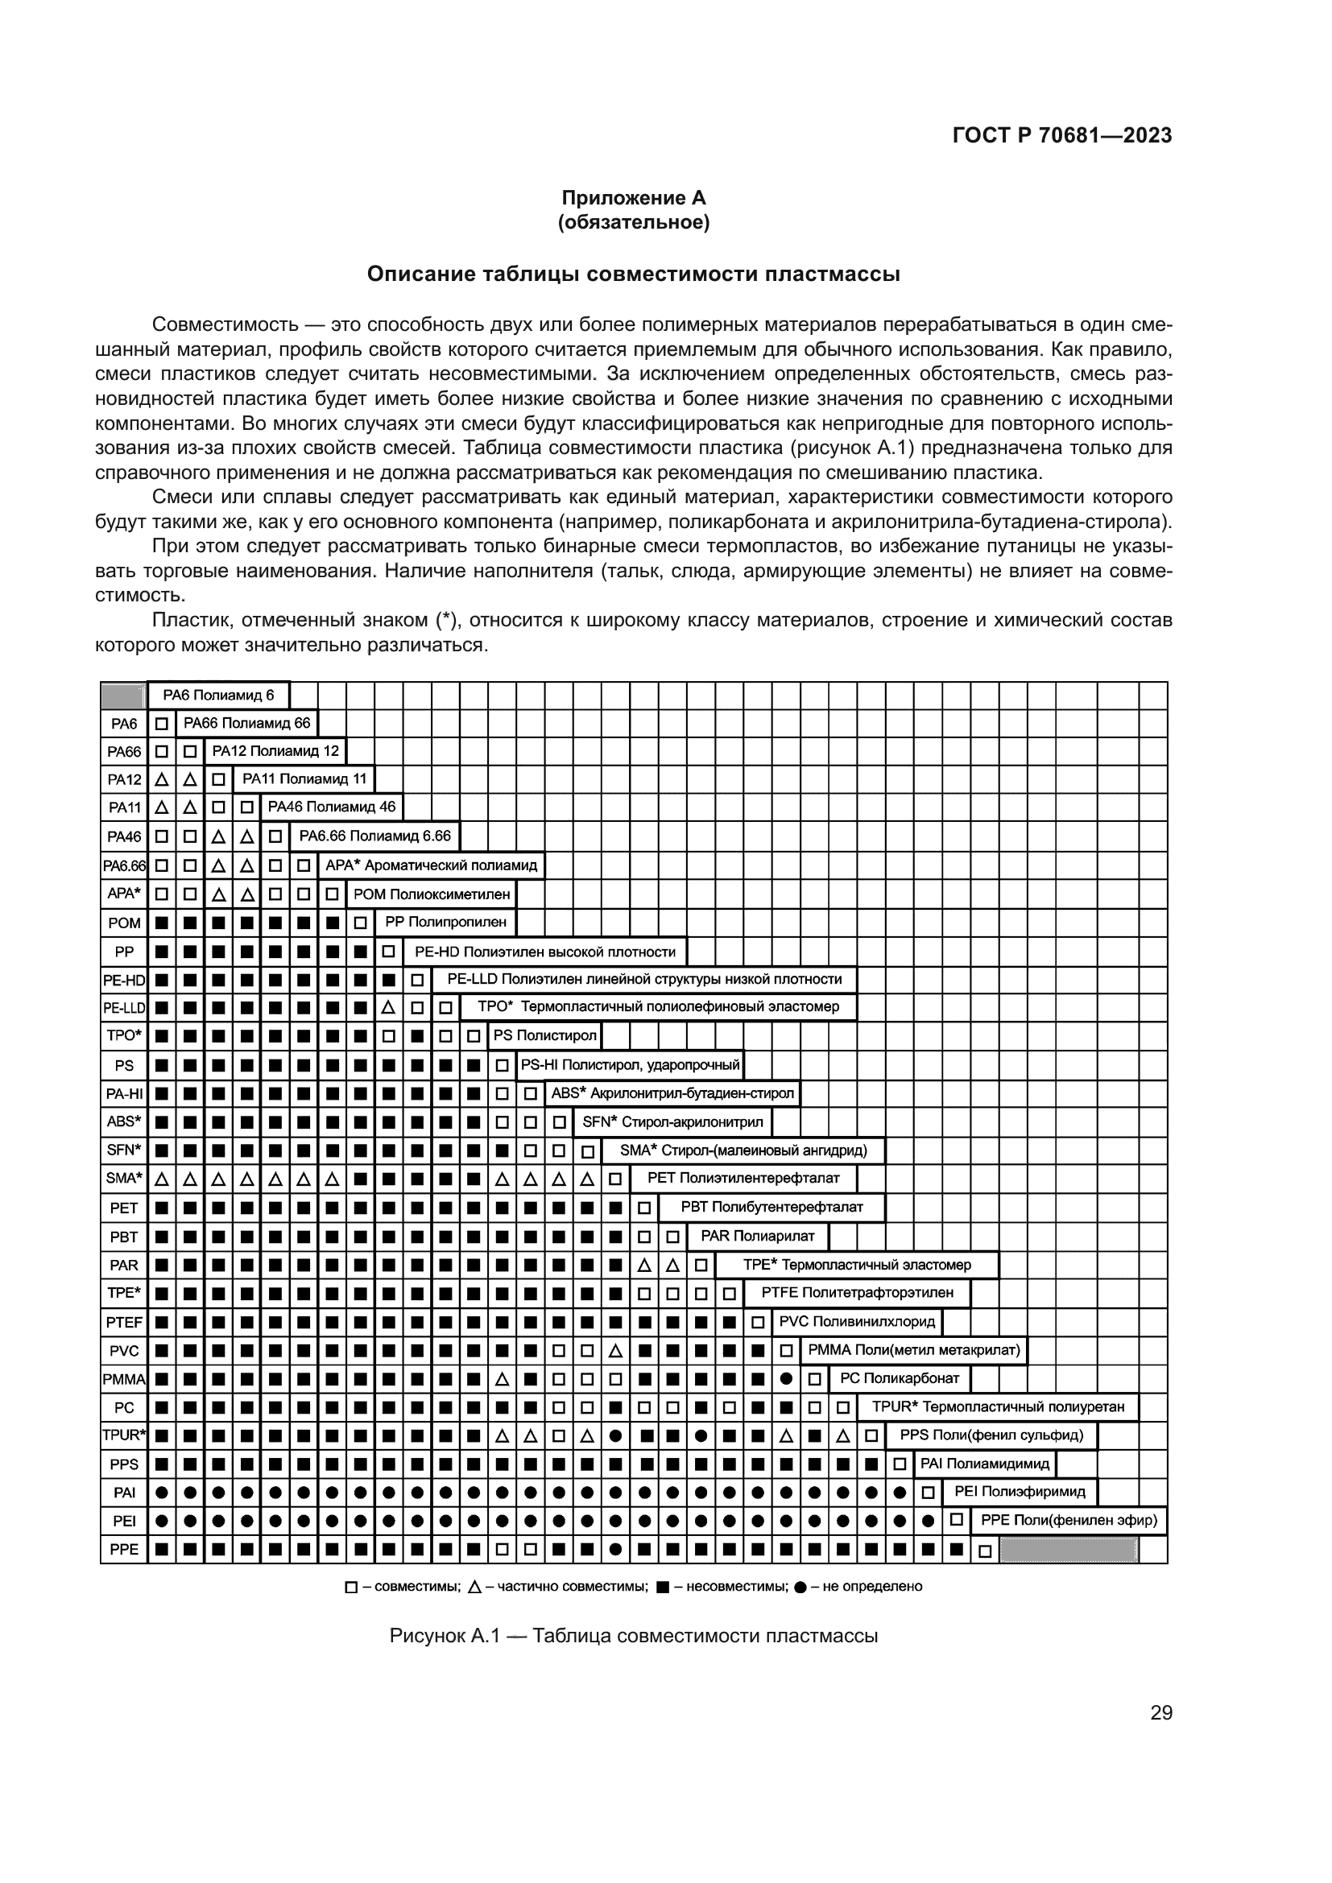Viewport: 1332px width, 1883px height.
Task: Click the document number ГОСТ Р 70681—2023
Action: [1061, 136]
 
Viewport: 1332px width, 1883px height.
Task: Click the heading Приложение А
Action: [633, 198]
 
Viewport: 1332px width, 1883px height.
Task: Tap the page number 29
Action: [1160, 1712]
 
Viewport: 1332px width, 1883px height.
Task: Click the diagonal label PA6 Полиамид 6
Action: [218, 696]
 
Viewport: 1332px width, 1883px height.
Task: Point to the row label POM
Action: [124, 923]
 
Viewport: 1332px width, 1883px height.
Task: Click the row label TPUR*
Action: [124, 1435]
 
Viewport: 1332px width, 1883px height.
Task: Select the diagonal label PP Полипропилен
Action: [446, 922]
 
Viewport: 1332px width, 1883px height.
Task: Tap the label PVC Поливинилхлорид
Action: [856, 1321]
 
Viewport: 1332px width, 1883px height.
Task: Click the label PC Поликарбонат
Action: [899, 1378]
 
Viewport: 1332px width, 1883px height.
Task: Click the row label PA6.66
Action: [124, 865]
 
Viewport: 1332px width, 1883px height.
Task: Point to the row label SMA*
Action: [124, 1179]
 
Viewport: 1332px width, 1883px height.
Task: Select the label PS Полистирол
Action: [544, 1035]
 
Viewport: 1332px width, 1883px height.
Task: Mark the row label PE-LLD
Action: [124, 1007]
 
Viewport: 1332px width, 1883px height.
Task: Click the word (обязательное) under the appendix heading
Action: [633, 222]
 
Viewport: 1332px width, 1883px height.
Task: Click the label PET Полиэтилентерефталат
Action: [743, 1178]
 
